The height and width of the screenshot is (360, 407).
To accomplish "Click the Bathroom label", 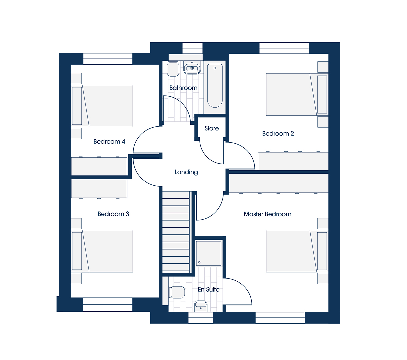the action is [x=183, y=88].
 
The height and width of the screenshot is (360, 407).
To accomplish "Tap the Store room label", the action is [x=212, y=128].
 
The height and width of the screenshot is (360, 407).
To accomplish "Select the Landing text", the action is [x=186, y=172].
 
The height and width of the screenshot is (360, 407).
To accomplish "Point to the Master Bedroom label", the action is [x=267, y=214].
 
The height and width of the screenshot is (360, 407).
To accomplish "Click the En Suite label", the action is [x=209, y=289].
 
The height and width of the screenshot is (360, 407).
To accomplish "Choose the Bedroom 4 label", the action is [x=109, y=141].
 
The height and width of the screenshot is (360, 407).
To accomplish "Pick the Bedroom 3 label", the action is [x=113, y=214].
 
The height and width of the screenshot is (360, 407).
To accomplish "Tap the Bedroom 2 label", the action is [x=278, y=133].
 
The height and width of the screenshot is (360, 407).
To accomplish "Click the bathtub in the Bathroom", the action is [x=215, y=86].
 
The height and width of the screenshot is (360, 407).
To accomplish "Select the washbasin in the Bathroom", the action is [x=192, y=68].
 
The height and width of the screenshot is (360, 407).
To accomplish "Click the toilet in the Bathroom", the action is [x=173, y=69].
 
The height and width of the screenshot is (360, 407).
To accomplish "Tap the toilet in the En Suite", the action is [x=177, y=292].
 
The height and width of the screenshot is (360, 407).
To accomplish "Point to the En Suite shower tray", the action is [x=209, y=253].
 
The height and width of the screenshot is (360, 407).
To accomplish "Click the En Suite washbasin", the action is [x=201, y=306].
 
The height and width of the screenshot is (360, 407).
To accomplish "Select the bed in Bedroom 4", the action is [x=102, y=106].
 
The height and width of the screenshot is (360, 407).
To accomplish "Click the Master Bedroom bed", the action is [x=297, y=251].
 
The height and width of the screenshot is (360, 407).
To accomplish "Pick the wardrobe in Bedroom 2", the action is [x=293, y=161].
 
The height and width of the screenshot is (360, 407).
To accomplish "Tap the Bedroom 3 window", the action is [x=108, y=305].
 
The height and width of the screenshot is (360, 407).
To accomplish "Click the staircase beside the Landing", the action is [x=176, y=232].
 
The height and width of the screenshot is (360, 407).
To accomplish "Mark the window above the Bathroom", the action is [x=192, y=48].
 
